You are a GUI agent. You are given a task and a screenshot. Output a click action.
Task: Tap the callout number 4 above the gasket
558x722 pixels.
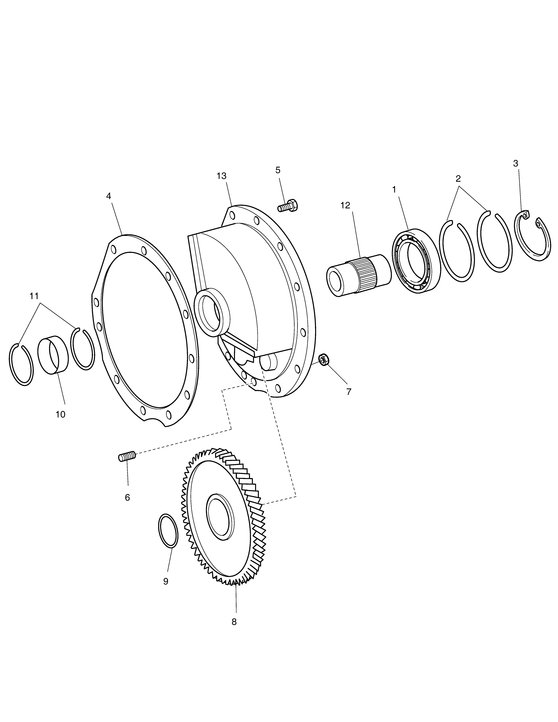coord(108,196)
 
